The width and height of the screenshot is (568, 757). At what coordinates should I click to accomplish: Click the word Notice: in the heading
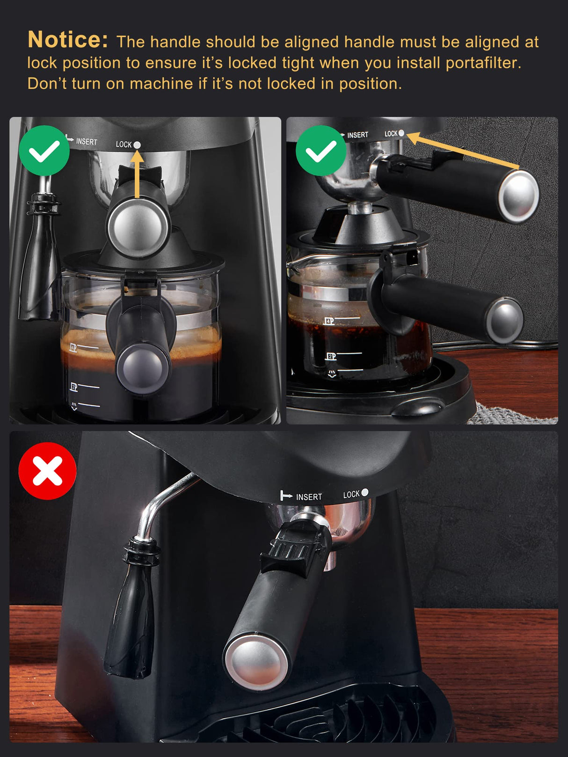click(68, 40)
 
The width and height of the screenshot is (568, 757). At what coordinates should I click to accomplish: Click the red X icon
click(47, 471)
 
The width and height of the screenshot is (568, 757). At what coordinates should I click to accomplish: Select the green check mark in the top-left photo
click(44, 151)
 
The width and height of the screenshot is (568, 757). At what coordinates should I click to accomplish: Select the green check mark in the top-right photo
click(321, 151)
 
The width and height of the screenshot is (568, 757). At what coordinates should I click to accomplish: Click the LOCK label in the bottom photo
click(351, 494)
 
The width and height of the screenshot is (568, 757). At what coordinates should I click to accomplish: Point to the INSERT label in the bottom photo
click(309, 497)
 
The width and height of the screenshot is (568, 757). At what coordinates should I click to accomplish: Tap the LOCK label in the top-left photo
click(124, 144)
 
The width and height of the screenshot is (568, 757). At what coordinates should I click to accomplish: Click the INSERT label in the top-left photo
click(87, 142)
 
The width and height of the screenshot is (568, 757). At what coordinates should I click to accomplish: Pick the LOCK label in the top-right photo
click(391, 134)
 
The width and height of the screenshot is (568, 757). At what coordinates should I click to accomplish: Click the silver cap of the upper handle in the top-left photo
click(138, 228)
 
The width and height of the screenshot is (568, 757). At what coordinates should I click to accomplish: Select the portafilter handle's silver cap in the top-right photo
click(518, 195)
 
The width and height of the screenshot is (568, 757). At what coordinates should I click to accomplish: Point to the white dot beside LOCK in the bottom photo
click(365, 492)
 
